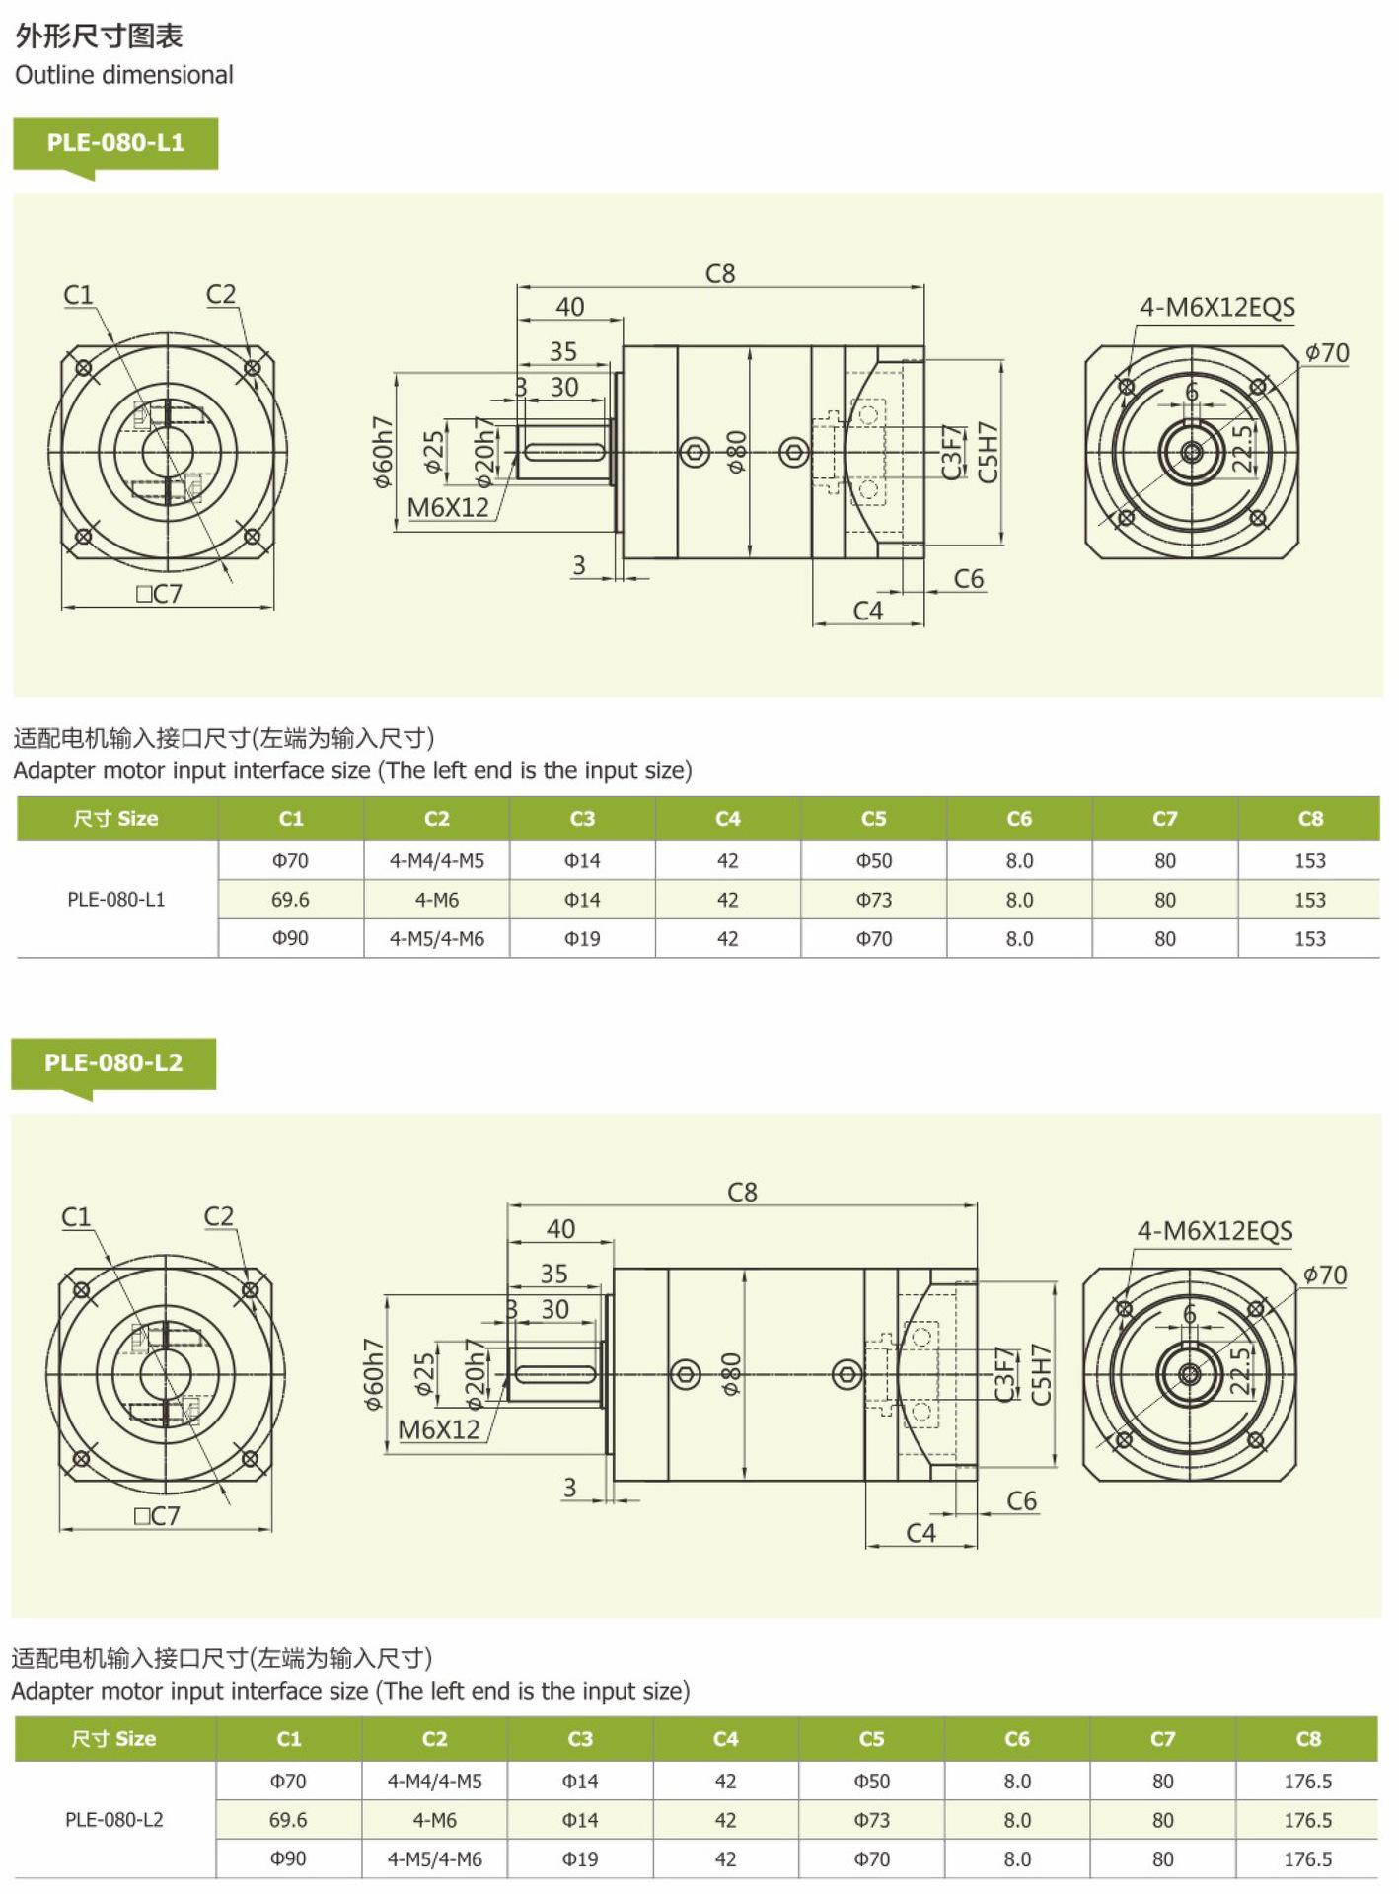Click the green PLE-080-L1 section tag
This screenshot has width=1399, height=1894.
[x=115, y=143]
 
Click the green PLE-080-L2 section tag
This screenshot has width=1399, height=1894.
[x=113, y=1063]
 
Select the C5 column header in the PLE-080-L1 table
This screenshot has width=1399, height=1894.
[x=873, y=819]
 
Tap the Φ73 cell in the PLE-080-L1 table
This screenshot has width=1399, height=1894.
[x=873, y=900]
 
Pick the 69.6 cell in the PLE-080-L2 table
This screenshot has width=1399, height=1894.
[x=288, y=1820]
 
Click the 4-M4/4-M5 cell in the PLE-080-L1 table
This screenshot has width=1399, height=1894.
[x=437, y=861]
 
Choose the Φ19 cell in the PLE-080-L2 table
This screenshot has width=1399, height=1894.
[x=580, y=1859]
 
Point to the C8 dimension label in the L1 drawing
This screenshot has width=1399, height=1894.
[x=720, y=273]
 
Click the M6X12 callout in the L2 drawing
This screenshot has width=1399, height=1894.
[x=439, y=1429]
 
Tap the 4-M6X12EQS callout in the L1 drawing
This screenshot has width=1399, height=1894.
[x=1217, y=307]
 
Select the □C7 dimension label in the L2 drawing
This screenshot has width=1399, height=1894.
[x=158, y=1516]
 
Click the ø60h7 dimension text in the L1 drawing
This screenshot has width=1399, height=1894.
[x=383, y=452]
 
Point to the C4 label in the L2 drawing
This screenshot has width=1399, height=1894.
[x=920, y=1533]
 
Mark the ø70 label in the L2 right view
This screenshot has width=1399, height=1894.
[x=1325, y=1275]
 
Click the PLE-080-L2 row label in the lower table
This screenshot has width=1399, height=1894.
[x=114, y=1820]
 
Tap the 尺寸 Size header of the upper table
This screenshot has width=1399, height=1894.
[x=115, y=819]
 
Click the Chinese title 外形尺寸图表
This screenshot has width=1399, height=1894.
[x=100, y=36]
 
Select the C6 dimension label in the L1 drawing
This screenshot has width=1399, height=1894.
[x=969, y=578]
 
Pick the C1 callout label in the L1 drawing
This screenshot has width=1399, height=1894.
[x=78, y=294]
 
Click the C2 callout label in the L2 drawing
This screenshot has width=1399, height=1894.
[x=219, y=1216]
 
